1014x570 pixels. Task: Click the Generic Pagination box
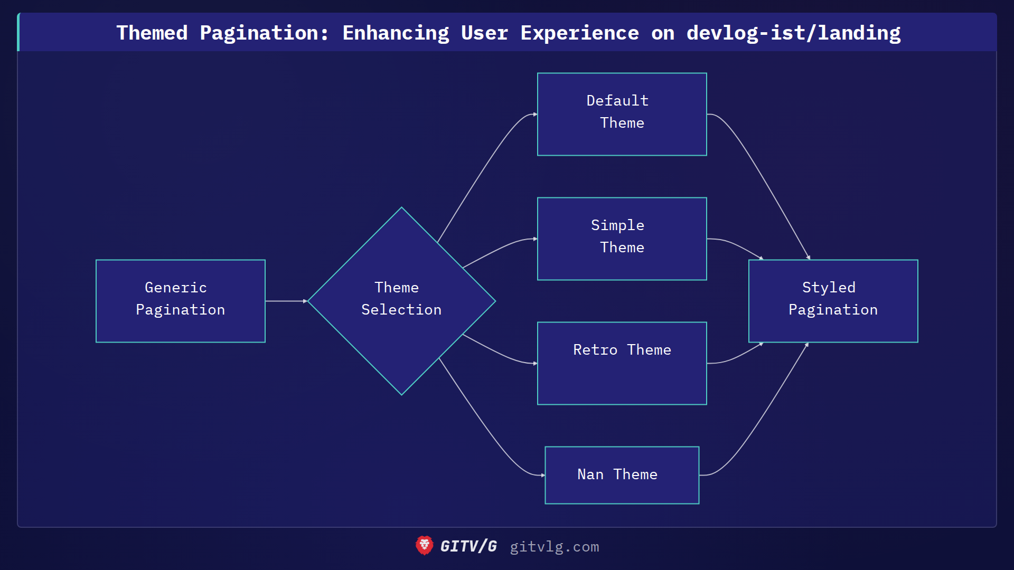[x=180, y=301]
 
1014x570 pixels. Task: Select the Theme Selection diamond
[x=401, y=301]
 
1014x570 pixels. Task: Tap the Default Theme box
[x=622, y=114]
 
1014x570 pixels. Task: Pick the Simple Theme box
[x=622, y=239]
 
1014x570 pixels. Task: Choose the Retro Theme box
[x=622, y=363]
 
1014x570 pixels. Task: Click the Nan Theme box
[x=622, y=475]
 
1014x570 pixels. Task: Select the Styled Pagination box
[x=833, y=301]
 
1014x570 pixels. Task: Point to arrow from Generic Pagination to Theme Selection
[x=286, y=301]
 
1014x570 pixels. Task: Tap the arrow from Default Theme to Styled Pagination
[x=766, y=179]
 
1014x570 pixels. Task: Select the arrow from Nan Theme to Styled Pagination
[x=766, y=417]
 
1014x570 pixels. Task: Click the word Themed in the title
[x=152, y=33]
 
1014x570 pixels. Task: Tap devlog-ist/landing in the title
[x=793, y=33]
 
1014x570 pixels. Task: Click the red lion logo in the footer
[x=424, y=546]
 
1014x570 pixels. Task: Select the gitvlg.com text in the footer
[x=554, y=547]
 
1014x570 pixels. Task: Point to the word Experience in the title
[x=579, y=33]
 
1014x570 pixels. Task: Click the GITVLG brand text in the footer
[x=468, y=546]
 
